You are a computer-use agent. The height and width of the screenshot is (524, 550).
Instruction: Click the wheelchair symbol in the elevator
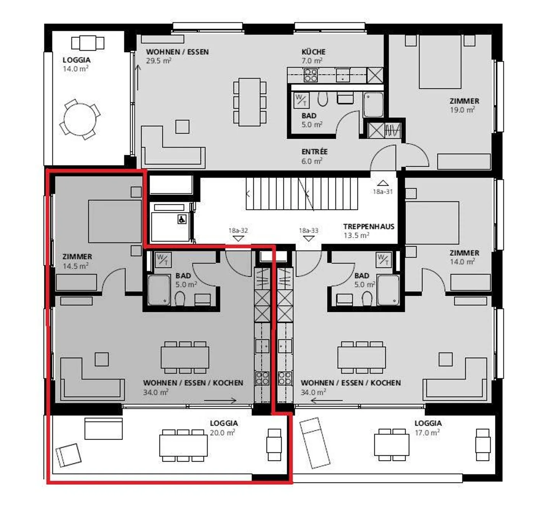[x=182, y=219]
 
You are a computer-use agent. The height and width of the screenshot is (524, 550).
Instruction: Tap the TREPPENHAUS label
[x=369, y=226]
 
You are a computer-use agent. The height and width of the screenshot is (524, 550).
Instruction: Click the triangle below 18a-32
[x=238, y=238]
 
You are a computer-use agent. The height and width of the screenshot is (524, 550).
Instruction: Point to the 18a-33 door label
[x=309, y=230]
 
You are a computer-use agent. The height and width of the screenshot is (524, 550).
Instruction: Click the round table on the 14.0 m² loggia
[x=80, y=119]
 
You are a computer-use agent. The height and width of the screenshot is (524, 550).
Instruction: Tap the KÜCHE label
[x=313, y=52]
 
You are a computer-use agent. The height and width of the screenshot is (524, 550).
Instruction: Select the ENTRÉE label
[x=314, y=151]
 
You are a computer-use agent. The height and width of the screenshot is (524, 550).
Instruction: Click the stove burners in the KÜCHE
[x=311, y=75]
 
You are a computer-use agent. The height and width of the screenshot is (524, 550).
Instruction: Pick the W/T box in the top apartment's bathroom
[x=302, y=101]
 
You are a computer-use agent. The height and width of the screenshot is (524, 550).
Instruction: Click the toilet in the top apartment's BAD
[x=323, y=99]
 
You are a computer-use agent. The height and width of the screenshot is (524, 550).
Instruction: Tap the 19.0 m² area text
[x=462, y=110]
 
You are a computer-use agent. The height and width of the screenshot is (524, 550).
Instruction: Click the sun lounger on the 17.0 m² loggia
[x=315, y=443]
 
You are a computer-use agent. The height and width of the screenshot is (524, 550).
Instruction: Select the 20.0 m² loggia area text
[x=222, y=433]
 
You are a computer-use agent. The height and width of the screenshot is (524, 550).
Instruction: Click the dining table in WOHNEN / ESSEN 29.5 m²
[x=249, y=102]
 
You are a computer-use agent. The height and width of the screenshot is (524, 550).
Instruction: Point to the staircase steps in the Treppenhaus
[x=302, y=194]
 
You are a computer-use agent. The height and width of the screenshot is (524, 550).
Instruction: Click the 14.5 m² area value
[x=76, y=266]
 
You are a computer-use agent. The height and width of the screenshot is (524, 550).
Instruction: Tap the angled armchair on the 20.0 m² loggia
[x=68, y=456]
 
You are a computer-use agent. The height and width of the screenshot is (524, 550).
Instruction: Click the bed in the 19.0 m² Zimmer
[x=440, y=62]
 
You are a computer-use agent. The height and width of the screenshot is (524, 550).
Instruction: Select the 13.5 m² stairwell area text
[x=356, y=235]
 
